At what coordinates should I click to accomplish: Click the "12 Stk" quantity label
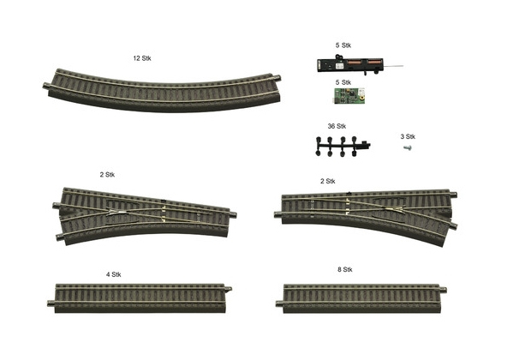[x=142, y=58]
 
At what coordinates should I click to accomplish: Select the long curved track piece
[x=162, y=97]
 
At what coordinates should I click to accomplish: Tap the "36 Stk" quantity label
[x=337, y=126]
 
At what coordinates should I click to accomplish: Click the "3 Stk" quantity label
[x=408, y=136]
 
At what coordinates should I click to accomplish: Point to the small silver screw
[x=408, y=148]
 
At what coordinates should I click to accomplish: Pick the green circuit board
[x=349, y=95]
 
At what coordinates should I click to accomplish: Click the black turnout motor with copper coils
[x=351, y=64]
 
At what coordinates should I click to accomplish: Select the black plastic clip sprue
[x=343, y=147]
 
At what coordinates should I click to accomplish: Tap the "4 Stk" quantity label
[x=114, y=274]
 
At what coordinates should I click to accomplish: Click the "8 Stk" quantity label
[x=344, y=269]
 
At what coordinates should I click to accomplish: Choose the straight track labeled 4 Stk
[x=140, y=298]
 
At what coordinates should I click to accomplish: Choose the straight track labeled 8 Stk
[x=361, y=298]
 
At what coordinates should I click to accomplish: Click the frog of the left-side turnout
[x=118, y=213]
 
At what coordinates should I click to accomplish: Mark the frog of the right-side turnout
[x=394, y=208]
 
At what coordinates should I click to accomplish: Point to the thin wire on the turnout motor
[x=393, y=66]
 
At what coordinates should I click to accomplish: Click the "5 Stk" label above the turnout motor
[x=343, y=45]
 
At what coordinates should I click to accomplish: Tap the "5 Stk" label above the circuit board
[x=343, y=82]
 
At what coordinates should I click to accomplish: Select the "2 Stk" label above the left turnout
[x=107, y=175]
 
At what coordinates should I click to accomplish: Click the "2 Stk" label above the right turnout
[x=327, y=182]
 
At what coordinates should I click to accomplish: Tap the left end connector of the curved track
[x=46, y=86]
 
